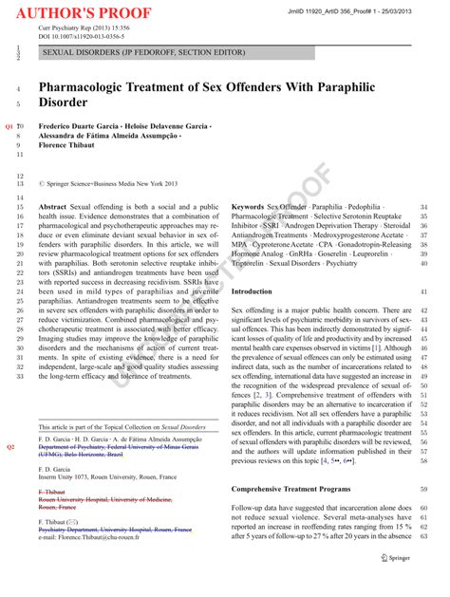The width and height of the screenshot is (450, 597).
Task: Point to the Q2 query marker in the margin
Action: point(10,446)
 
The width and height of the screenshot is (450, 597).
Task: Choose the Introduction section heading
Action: point(252,291)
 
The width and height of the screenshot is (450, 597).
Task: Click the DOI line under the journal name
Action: point(84,38)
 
